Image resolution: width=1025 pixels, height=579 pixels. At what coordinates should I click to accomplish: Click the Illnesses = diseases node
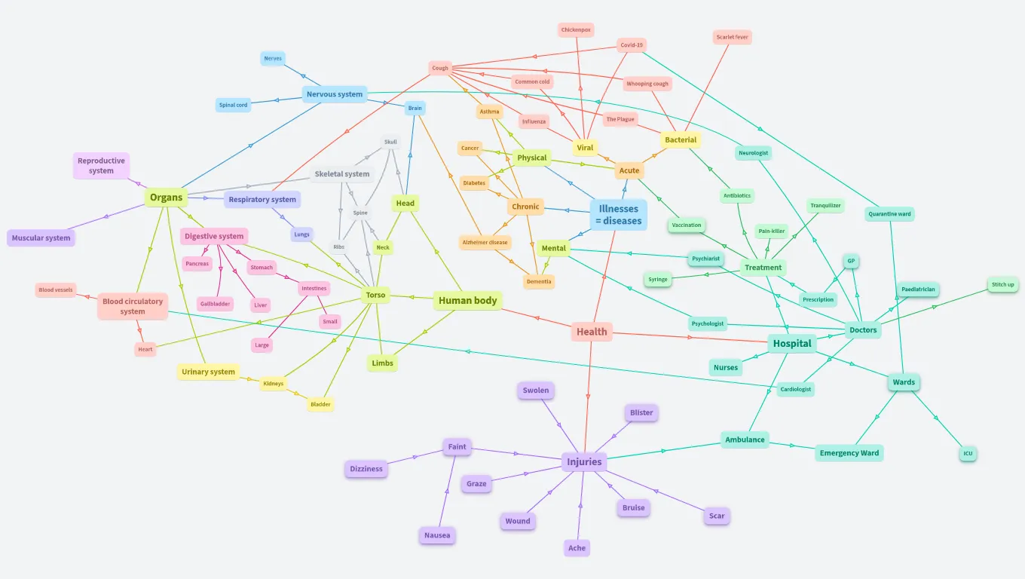(618, 215)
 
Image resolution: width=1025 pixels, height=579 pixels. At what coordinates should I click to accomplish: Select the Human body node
(468, 301)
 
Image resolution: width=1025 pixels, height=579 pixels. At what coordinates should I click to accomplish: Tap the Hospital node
(792, 344)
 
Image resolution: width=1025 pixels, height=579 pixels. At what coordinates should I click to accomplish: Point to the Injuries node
(584, 462)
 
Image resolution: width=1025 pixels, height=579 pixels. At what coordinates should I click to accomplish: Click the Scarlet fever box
(732, 37)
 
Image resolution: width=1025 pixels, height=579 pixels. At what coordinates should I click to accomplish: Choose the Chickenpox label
(577, 30)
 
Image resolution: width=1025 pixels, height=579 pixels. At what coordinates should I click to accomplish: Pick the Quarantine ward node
(889, 214)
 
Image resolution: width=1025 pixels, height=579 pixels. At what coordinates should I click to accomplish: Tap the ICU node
(968, 454)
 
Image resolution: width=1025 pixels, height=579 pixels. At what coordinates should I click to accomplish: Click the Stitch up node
(1002, 285)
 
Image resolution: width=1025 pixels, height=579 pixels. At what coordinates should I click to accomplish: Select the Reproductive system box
(101, 166)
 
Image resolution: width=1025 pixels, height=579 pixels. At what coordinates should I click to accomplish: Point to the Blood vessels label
(56, 290)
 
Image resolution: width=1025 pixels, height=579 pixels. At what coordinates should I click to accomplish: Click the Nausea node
(437, 536)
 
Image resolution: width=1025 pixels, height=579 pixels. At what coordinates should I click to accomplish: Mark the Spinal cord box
(233, 106)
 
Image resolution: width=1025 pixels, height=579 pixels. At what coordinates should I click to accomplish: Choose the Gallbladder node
(215, 304)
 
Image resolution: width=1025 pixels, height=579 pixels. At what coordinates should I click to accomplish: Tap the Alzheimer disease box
(485, 243)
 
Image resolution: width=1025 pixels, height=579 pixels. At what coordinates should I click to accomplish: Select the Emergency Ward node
(849, 453)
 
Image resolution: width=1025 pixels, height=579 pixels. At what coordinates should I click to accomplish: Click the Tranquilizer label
(825, 206)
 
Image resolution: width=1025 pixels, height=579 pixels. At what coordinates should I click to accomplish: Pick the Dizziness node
(366, 469)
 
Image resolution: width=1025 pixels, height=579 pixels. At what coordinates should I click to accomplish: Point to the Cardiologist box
(796, 390)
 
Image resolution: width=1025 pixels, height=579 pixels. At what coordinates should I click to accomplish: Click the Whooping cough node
(647, 84)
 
